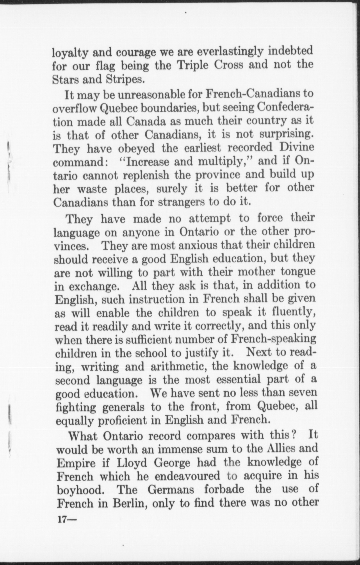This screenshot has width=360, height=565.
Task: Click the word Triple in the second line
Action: point(194,65)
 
